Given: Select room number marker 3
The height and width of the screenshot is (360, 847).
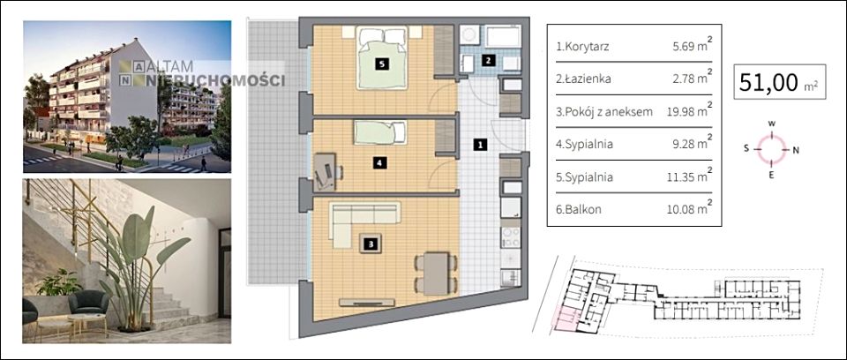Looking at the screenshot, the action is point(370,244).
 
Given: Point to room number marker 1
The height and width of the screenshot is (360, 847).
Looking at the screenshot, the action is point(480,145).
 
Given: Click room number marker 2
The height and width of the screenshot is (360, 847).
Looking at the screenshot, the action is point(488,61).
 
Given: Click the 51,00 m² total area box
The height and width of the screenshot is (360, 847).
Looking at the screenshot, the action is point(779,82).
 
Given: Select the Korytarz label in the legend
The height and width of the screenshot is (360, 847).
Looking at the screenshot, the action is point(583,47).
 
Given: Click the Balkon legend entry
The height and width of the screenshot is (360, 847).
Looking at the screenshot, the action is point(579,209).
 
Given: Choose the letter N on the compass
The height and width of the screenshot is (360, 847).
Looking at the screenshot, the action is point(795,151).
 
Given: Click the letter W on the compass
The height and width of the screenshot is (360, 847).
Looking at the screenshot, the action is point(772,124).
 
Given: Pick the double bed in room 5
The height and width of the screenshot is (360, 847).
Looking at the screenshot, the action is point(381,59).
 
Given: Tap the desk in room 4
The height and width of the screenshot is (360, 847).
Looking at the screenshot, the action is point(324,172).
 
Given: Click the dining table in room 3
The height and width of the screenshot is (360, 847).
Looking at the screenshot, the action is point(436,274).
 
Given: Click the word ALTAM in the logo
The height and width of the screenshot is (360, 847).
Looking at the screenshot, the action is point(169,67).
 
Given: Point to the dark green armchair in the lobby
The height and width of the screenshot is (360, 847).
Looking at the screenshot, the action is point(88,304).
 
